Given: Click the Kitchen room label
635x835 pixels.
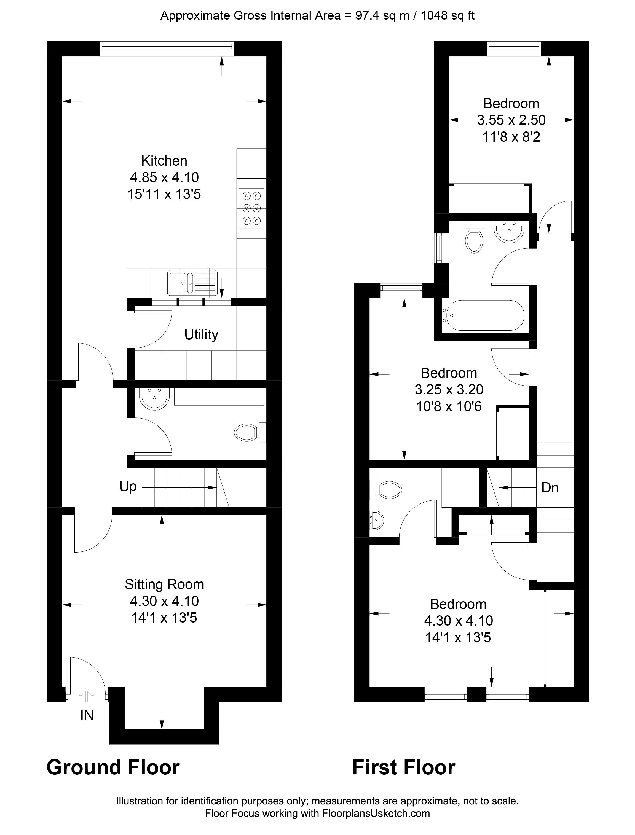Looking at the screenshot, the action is click(164, 161).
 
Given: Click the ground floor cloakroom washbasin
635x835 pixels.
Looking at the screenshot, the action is click(154, 398).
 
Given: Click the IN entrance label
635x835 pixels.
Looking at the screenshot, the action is click(87, 715).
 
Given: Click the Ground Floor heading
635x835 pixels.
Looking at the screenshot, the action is click(113, 767).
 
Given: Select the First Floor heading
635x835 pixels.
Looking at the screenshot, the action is click(404, 767).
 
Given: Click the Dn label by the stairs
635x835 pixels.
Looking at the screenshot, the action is click(550, 488).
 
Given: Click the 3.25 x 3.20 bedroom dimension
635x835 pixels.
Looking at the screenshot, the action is click(449, 390).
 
